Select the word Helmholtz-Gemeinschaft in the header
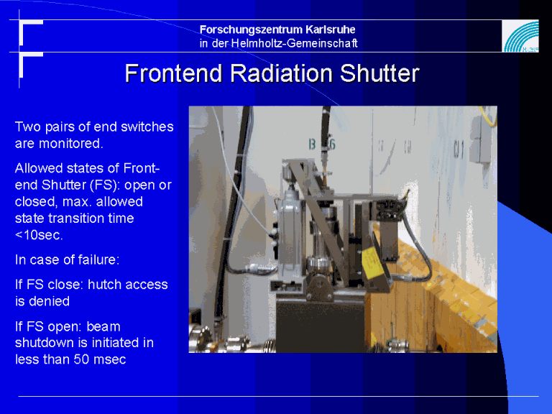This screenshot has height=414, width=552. tap(294, 43)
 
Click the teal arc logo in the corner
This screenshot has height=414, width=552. tap(520, 36)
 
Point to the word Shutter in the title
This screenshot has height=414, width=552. tap(379, 73)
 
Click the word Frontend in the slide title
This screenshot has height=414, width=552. tap(173, 73)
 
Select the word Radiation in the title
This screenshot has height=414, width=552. tap(281, 73)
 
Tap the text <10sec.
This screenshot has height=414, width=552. tap(39, 235)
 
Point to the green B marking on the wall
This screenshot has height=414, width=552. tap(312, 144)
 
